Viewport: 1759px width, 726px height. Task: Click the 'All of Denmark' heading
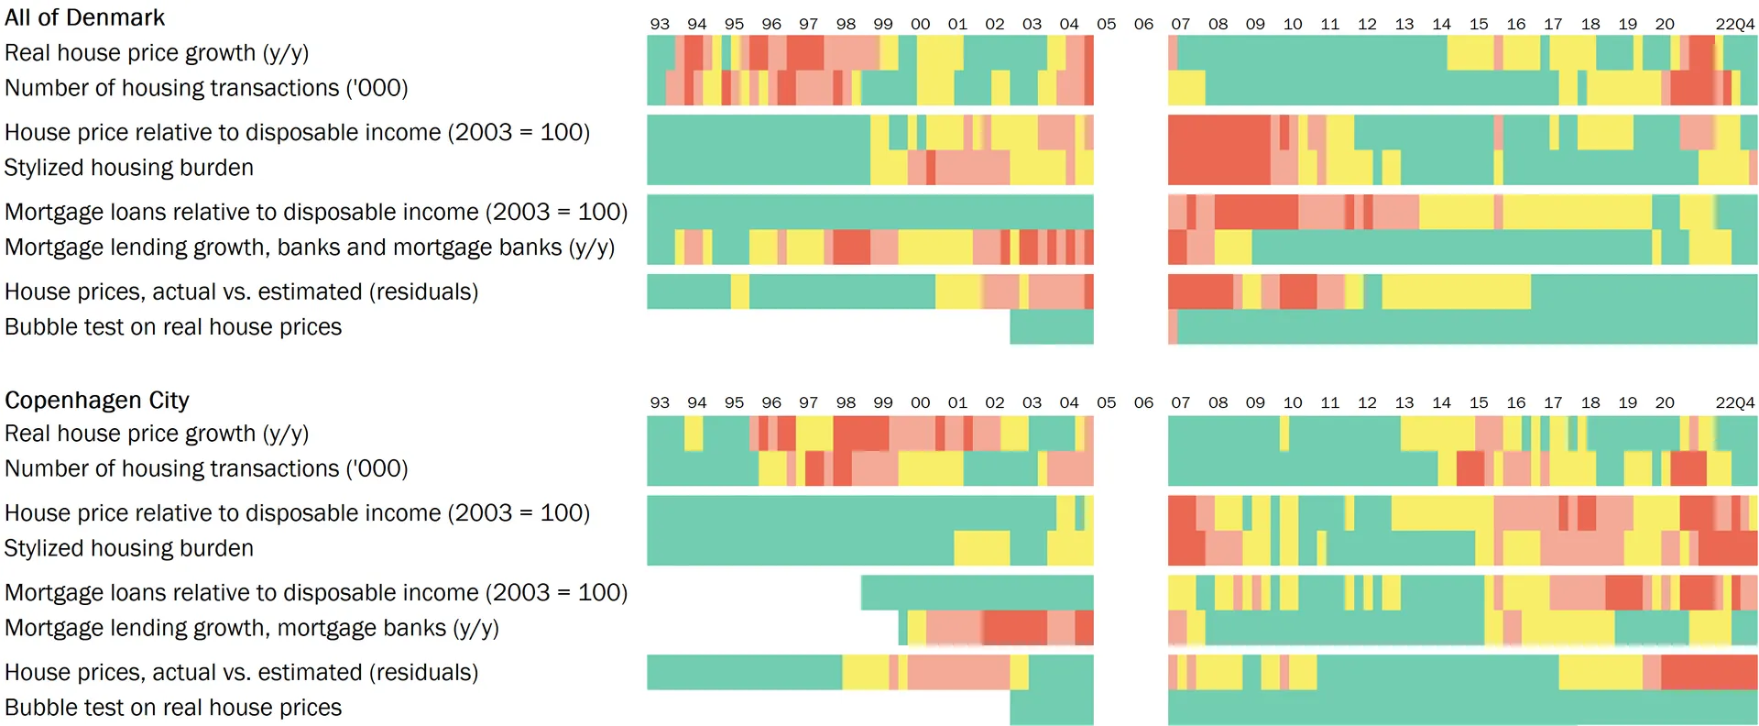click(84, 17)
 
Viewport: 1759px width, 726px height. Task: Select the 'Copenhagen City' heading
click(96, 400)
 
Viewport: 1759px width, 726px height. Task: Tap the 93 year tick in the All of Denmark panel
click(660, 24)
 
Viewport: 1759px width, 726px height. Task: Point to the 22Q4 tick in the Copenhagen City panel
click(1735, 402)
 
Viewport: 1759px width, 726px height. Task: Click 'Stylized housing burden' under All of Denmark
click(128, 168)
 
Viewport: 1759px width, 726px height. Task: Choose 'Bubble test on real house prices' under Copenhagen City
click(172, 708)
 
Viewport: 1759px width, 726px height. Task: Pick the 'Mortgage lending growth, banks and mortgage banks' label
click(309, 247)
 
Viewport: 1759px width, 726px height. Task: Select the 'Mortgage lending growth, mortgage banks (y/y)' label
click(251, 628)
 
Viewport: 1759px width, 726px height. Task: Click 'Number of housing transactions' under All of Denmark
click(205, 88)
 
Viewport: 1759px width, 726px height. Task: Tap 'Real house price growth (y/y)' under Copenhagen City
click(156, 434)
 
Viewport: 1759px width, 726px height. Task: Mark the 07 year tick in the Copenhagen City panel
click(1180, 402)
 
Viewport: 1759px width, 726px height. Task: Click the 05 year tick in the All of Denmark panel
click(1106, 24)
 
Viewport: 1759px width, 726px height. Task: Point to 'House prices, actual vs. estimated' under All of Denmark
click(241, 291)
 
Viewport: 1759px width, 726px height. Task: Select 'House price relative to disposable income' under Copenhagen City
click(297, 512)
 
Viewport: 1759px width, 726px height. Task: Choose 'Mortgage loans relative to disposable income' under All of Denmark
click(315, 212)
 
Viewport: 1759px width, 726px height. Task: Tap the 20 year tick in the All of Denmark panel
click(1665, 24)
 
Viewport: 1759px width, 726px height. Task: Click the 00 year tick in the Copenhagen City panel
click(920, 402)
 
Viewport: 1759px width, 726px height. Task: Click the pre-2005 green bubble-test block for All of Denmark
click(1052, 327)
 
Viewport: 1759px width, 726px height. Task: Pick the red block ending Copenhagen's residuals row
click(1709, 672)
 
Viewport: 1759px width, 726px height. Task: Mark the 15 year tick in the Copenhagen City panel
click(1479, 402)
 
